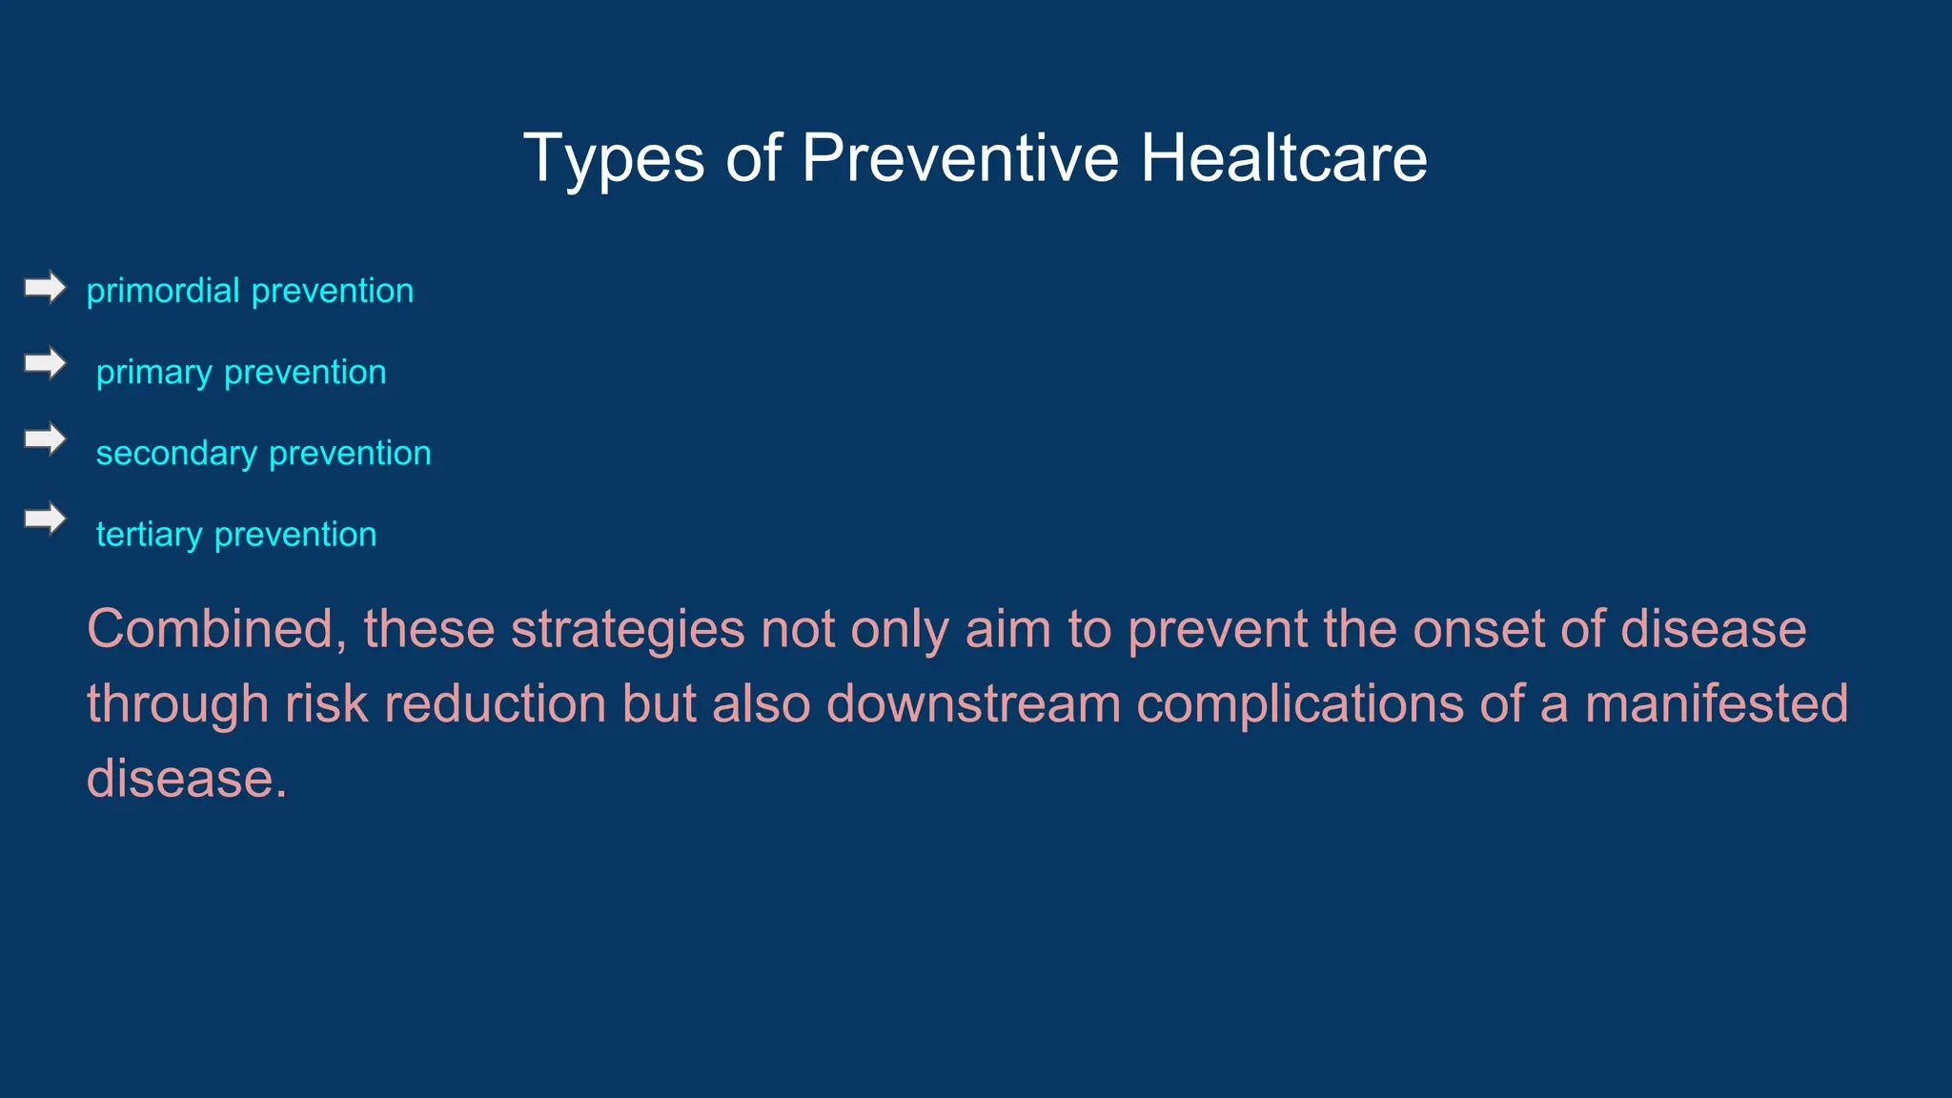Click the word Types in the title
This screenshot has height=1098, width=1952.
pos(614,159)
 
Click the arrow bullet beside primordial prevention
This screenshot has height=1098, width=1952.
pos(45,287)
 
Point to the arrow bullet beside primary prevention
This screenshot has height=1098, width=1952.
pos(45,363)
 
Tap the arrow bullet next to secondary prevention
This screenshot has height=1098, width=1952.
pos(45,439)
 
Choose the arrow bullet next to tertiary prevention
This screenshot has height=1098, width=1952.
pos(45,518)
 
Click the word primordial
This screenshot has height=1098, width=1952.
pos(163,291)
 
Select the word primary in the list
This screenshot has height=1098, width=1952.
pos(153,373)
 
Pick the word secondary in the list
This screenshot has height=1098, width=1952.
pos(176,453)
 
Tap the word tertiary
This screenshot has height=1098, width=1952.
pos(149,535)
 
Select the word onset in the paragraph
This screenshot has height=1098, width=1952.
pos(1478,630)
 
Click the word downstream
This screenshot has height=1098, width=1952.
pos(973,704)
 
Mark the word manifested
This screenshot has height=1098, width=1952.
pos(1716,704)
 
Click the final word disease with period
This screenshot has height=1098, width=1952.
pos(187,779)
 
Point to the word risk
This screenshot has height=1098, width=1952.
pos(326,704)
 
